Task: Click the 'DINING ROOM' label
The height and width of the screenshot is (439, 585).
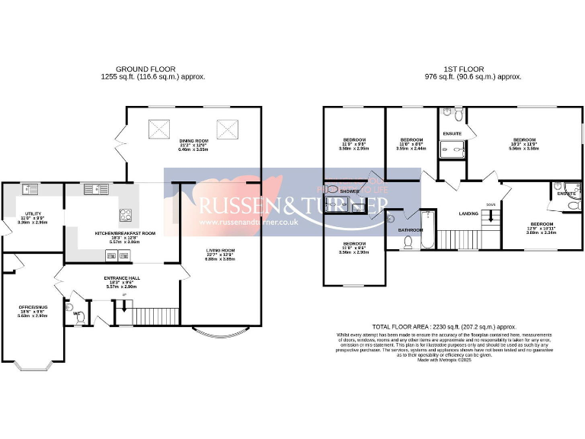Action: pos(193,141)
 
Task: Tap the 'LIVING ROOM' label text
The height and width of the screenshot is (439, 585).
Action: pos(220,250)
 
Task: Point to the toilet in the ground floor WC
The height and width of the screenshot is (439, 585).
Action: pos(78,319)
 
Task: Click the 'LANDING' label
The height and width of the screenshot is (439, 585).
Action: pos(468,213)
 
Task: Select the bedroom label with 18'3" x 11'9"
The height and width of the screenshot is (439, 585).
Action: pos(524,140)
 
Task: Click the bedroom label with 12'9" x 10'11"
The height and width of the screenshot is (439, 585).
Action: pos(541,225)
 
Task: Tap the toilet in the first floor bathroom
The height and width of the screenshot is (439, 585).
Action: pos(408,242)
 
